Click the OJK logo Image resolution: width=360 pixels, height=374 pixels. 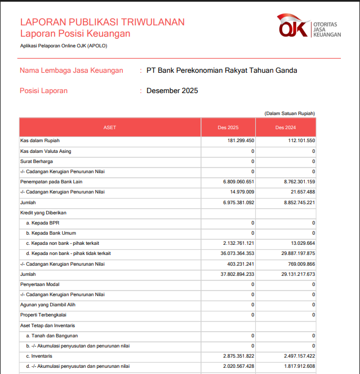[309, 26]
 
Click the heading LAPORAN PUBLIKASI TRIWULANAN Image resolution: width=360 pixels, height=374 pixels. [102, 22]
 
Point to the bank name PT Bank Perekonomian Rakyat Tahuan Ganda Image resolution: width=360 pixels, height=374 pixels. [221, 71]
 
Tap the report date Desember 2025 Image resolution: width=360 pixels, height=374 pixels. [172, 91]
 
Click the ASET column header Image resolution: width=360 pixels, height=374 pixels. [110, 127]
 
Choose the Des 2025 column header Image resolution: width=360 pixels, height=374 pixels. [228, 127]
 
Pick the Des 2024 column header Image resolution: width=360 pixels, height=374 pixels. [286, 127]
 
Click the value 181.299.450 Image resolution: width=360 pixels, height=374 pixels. [240, 141]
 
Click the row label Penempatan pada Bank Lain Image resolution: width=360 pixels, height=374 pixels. [51, 182]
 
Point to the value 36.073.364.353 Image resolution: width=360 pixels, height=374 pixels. [231, 253]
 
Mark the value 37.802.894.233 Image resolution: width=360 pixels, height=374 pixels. [231, 274]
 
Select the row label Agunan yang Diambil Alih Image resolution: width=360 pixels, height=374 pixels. [48, 305]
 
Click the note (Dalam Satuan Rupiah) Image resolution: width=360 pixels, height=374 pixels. [290, 113]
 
